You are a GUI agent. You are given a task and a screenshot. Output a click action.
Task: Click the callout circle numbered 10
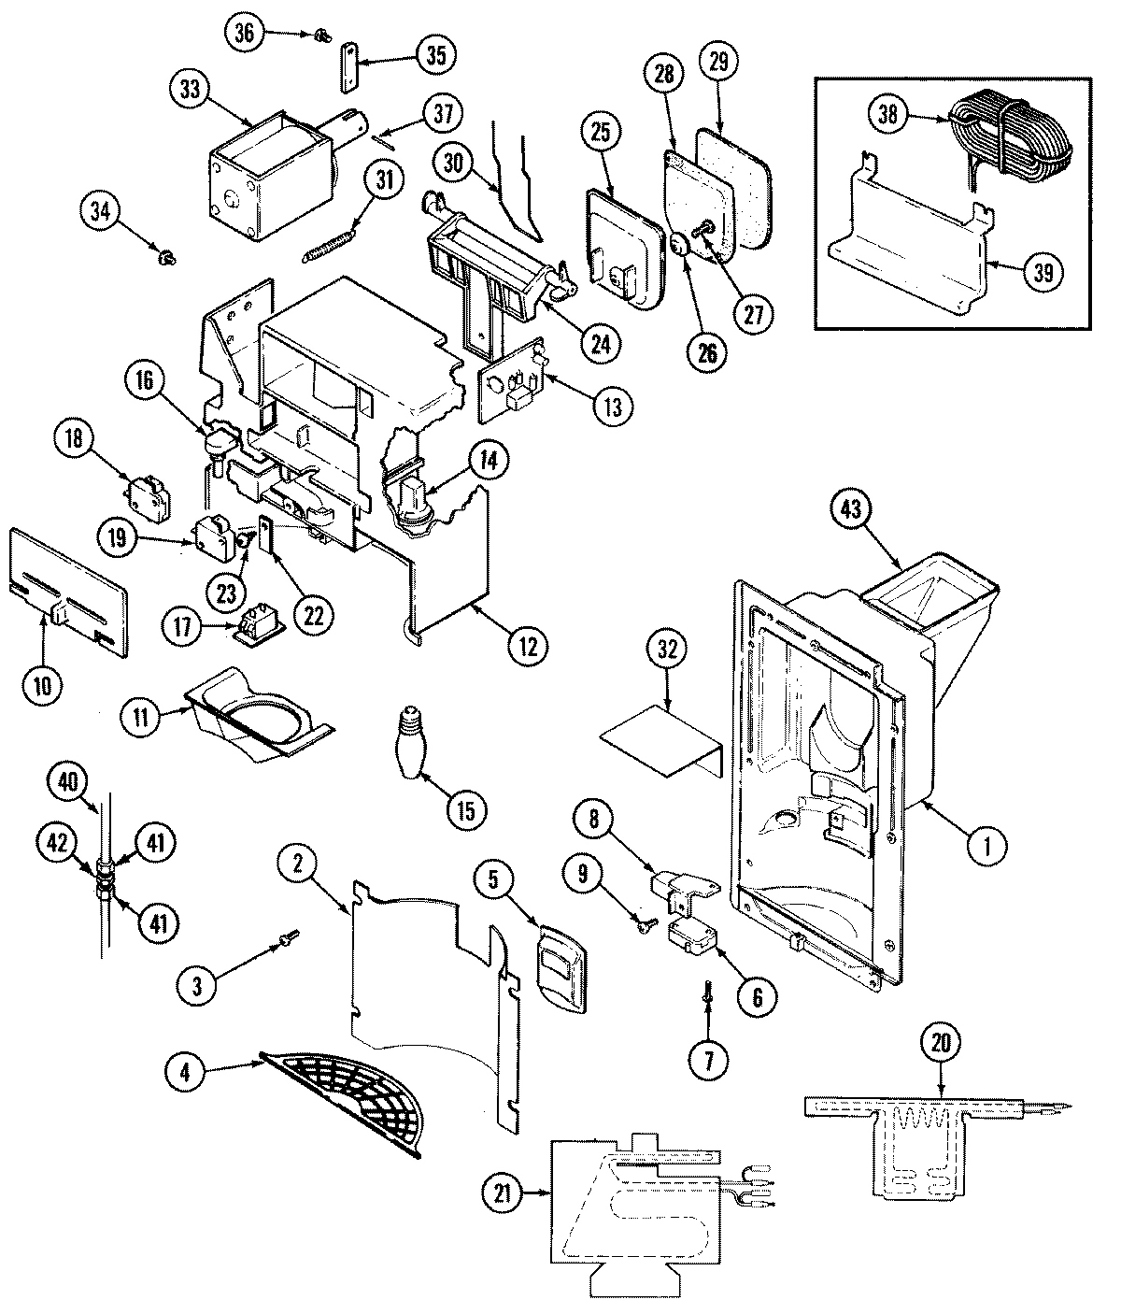[43, 684]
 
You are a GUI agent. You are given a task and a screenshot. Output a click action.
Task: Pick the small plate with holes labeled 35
[349, 67]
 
